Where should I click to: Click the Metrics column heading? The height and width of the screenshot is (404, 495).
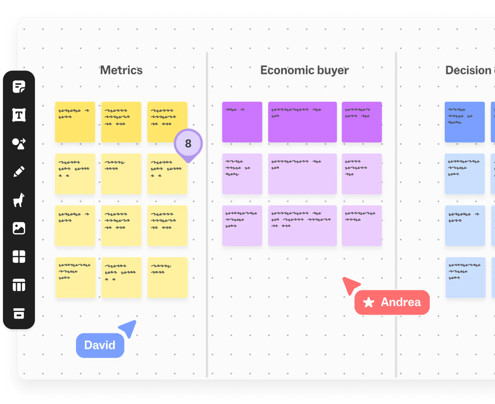click(121, 70)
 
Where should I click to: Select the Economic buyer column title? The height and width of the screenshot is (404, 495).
click(304, 70)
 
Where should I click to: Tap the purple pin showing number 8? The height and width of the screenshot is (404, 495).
click(188, 144)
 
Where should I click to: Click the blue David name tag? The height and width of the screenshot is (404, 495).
click(100, 345)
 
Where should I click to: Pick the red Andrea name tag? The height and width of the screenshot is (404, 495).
click(392, 302)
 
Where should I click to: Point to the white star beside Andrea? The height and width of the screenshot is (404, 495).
click(369, 303)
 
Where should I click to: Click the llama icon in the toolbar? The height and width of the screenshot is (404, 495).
click(19, 200)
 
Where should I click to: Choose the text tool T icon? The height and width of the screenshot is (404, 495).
click(19, 115)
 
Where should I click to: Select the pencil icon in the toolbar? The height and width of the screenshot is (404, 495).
click(19, 172)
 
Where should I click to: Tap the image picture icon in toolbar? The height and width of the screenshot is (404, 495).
click(19, 228)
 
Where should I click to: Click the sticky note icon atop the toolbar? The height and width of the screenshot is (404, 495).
click(19, 87)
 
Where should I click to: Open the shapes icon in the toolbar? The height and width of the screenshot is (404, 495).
click(19, 143)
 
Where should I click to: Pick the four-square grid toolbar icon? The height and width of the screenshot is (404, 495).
click(19, 257)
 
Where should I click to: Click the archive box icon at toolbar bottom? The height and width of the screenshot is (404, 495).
click(19, 314)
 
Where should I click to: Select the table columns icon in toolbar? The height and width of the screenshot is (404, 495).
click(19, 285)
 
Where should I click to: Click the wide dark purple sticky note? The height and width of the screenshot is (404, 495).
click(302, 122)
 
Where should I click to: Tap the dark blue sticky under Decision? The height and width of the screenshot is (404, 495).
click(464, 122)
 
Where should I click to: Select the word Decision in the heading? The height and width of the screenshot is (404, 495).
click(468, 70)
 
